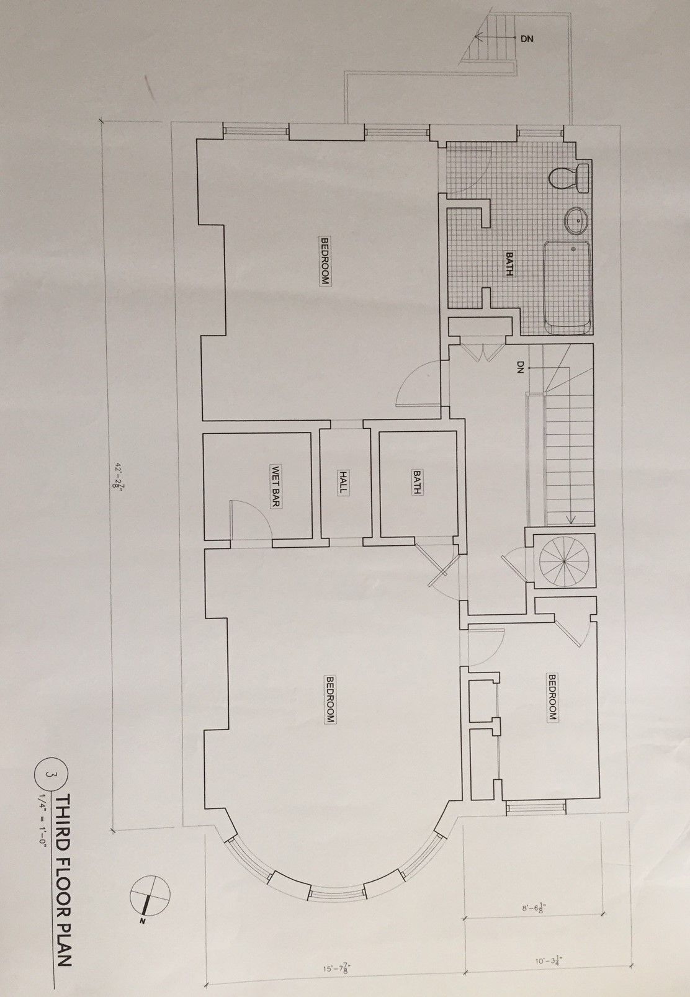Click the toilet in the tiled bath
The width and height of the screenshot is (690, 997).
coord(570,178)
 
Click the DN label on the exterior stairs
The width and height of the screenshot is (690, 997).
coord(527,38)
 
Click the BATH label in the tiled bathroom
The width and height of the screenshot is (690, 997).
coord(509,264)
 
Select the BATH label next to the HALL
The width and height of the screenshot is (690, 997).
coord(417,483)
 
